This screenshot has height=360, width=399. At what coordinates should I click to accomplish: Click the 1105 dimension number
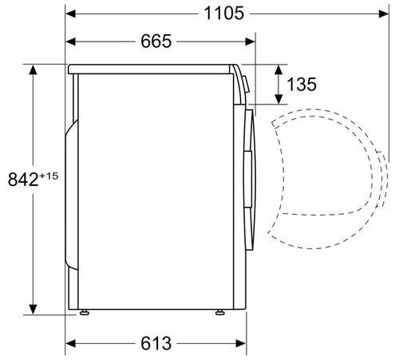(223, 14)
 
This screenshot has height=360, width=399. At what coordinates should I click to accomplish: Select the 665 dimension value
(156, 42)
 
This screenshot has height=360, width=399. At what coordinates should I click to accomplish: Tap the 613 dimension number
(156, 343)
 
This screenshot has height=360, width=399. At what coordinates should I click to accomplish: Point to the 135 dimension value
(302, 85)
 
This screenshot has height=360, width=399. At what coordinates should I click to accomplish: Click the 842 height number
(23, 180)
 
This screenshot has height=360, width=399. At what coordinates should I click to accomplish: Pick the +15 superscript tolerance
(49, 176)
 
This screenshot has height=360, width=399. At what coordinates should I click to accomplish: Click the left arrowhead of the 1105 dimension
(71, 14)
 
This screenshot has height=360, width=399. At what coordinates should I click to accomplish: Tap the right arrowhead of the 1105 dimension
(384, 14)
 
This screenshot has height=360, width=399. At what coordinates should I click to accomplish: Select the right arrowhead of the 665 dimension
(251, 42)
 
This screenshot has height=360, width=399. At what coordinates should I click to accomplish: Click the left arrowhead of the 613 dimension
(71, 343)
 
